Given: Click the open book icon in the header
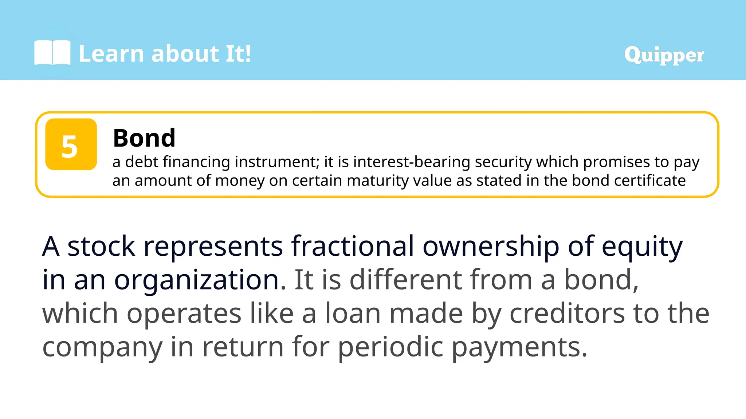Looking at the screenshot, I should [x=52, y=53].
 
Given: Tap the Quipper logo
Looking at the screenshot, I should [x=664, y=55].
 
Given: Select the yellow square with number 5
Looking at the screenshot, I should [x=71, y=144].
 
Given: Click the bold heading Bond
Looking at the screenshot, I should [x=144, y=138].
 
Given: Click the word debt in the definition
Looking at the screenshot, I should [x=142, y=162].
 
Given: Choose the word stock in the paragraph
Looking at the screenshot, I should [x=101, y=246].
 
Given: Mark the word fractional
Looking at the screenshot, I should [x=352, y=246].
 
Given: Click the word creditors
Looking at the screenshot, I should [x=567, y=314].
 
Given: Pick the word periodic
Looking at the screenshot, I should [x=390, y=347].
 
